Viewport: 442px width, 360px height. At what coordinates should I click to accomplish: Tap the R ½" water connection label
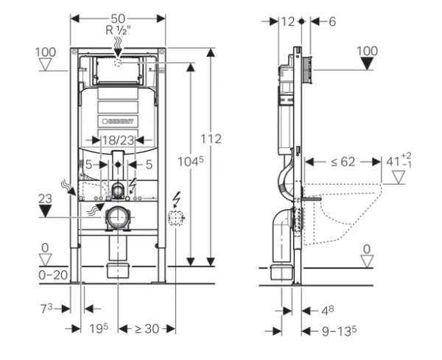pos(118,32)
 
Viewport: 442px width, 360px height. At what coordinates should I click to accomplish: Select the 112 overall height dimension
pos(210,138)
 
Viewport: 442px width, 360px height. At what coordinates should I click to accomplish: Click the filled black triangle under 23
pos(46,212)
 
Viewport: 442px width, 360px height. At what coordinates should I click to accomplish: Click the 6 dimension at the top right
pos(325,22)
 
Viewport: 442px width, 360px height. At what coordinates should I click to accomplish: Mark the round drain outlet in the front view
pos(118,218)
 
